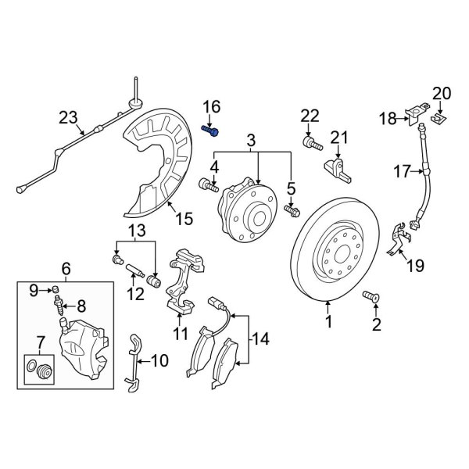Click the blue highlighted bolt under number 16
(209, 131)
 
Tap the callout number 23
(69, 118)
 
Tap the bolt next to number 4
(208, 184)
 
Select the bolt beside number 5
(292, 210)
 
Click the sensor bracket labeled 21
(335, 166)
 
